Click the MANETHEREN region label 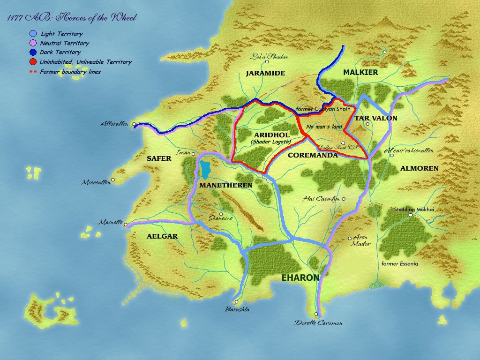[x=226, y=185]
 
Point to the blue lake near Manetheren [x=205, y=170]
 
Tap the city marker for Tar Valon [x=368, y=124]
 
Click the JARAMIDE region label [x=265, y=73]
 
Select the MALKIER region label [x=360, y=72]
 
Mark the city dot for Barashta [x=237, y=302]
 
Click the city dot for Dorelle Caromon [x=316, y=314]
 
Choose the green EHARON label [x=300, y=277]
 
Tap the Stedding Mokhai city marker [x=411, y=215]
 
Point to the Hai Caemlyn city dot [x=344, y=199]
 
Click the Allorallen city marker [x=134, y=125]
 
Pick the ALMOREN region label [x=419, y=168]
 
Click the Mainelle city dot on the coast [x=126, y=225]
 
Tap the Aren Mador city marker [x=350, y=238]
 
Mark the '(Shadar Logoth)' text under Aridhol [x=270, y=142]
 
